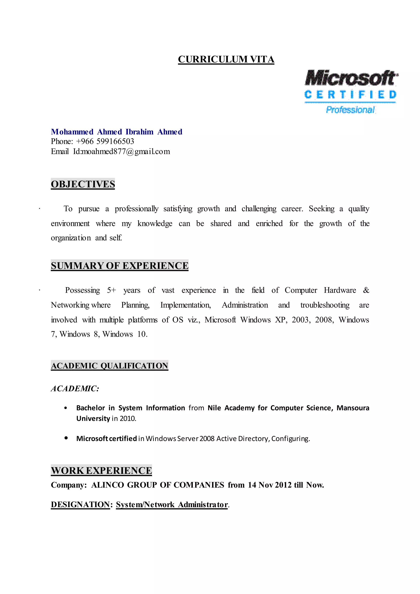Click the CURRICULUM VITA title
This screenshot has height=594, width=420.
coord(226,59)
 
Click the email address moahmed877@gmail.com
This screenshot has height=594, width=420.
coord(126,152)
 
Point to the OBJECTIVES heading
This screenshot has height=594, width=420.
coord(83,184)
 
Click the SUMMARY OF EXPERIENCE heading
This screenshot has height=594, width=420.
coord(120,266)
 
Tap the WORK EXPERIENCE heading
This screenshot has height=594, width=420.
coord(101,471)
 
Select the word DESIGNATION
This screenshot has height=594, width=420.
coord(80,505)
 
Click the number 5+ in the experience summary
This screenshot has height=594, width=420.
coord(112,290)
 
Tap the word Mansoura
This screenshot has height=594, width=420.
coord(353,408)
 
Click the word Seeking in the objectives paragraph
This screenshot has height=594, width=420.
coord(322,209)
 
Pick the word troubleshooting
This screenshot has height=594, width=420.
coord(325,305)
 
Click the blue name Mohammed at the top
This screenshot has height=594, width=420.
coord(72,132)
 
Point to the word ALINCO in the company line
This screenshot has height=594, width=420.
coord(108,485)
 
